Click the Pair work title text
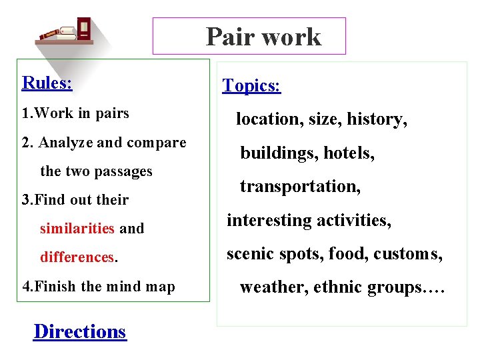pos(263,37)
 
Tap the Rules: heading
pos(47,83)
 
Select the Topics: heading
pos(251,85)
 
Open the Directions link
pos(79,331)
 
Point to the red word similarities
pos(77,229)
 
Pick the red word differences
pos(77,257)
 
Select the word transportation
pos(299,187)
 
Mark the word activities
pos(353,220)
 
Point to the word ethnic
pos(333,287)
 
